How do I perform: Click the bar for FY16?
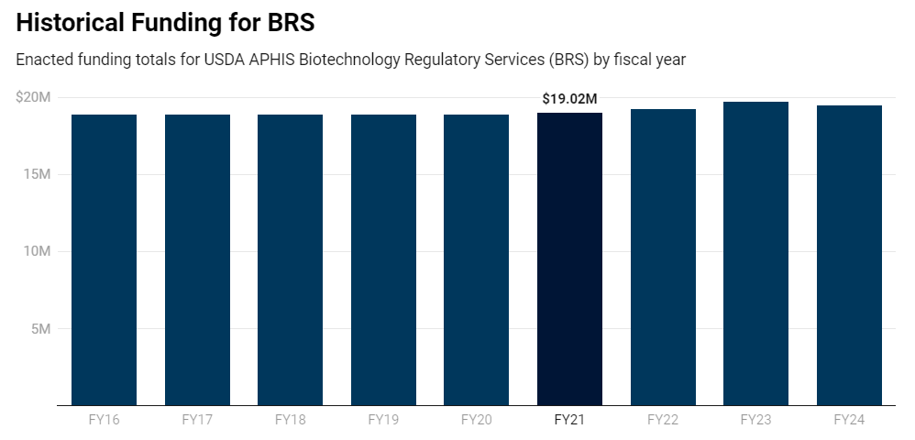click(104, 259)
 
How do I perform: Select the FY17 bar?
click(197, 259)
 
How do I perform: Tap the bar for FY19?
click(383, 259)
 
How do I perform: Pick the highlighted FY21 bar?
click(569, 258)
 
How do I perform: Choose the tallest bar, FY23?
click(755, 253)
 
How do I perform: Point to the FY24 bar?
click(849, 255)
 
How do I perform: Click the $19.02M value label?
click(569, 99)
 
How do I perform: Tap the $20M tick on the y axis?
click(33, 97)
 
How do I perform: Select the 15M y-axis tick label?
click(37, 174)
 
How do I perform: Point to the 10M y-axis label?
click(37, 251)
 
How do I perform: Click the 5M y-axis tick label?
click(40, 328)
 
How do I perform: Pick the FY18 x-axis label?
click(290, 420)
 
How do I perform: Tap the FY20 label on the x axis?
click(476, 420)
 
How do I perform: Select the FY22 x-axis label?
click(663, 420)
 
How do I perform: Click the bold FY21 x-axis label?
click(569, 420)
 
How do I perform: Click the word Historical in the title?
click(70, 23)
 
